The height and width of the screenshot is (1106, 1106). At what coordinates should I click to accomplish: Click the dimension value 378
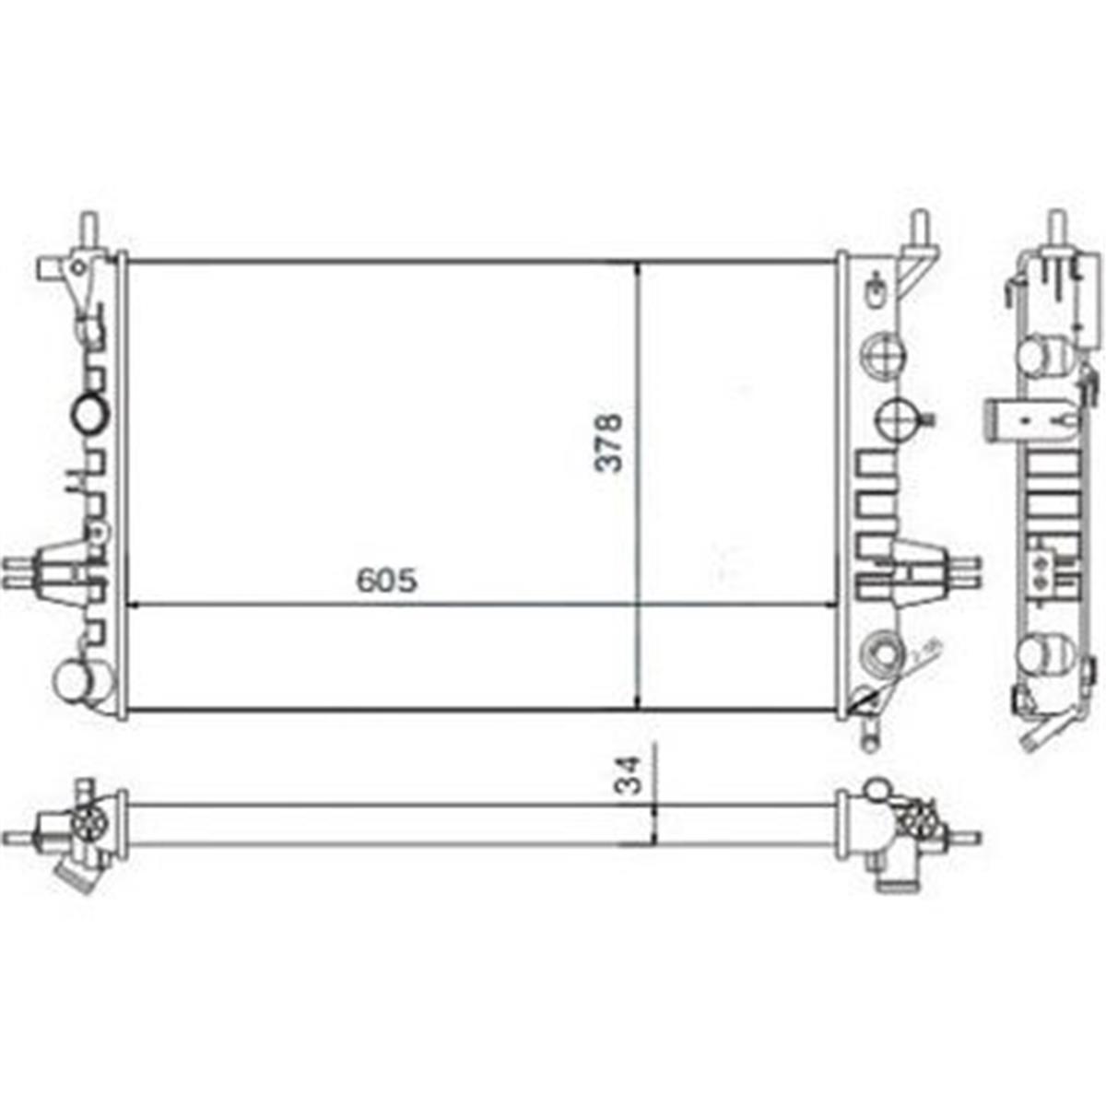tap(609, 443)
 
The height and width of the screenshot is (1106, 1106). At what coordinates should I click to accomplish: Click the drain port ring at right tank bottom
tap(881, 653)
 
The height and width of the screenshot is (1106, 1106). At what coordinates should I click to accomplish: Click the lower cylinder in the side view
tap(1045, 653)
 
